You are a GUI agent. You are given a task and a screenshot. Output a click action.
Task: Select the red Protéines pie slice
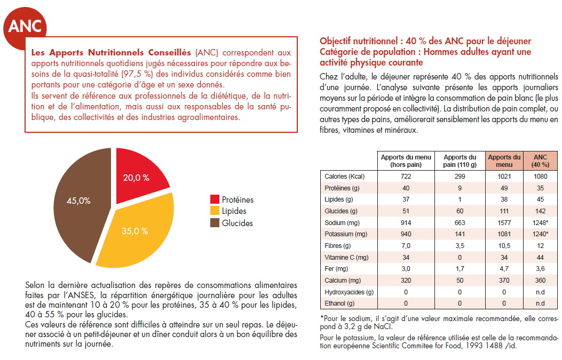[x=138, y=174]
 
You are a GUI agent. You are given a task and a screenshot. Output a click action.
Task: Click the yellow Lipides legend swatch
[x=215, y=211]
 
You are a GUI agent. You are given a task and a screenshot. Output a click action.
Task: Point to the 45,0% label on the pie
[x=78, y=201]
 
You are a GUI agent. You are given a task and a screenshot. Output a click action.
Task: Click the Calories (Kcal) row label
[x=344, y=176]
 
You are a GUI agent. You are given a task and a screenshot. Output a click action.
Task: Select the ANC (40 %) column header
[x=541, y=161]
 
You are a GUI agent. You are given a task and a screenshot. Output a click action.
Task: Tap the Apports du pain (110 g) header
[x=460, y=161]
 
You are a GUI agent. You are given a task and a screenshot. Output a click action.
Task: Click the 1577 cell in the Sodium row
[x=504, y=222]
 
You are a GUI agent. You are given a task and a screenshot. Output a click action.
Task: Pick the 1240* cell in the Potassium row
[x=540, y=234]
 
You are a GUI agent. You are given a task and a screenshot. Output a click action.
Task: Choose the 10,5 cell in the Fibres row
[x=504, y=246]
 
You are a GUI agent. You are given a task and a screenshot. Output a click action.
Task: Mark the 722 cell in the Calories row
[x=406, y=176]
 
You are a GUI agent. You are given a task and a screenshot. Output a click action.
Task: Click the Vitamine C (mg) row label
[x=346, y=257]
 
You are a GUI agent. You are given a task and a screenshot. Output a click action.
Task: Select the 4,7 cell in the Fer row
[x=504, y=269]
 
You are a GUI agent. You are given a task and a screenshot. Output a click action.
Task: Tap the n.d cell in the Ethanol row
[x=540, y=303]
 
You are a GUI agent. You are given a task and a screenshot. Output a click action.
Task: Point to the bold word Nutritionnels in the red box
[x=116, y=52]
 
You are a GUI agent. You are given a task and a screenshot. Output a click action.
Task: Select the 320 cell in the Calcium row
[x=406, y=280]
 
